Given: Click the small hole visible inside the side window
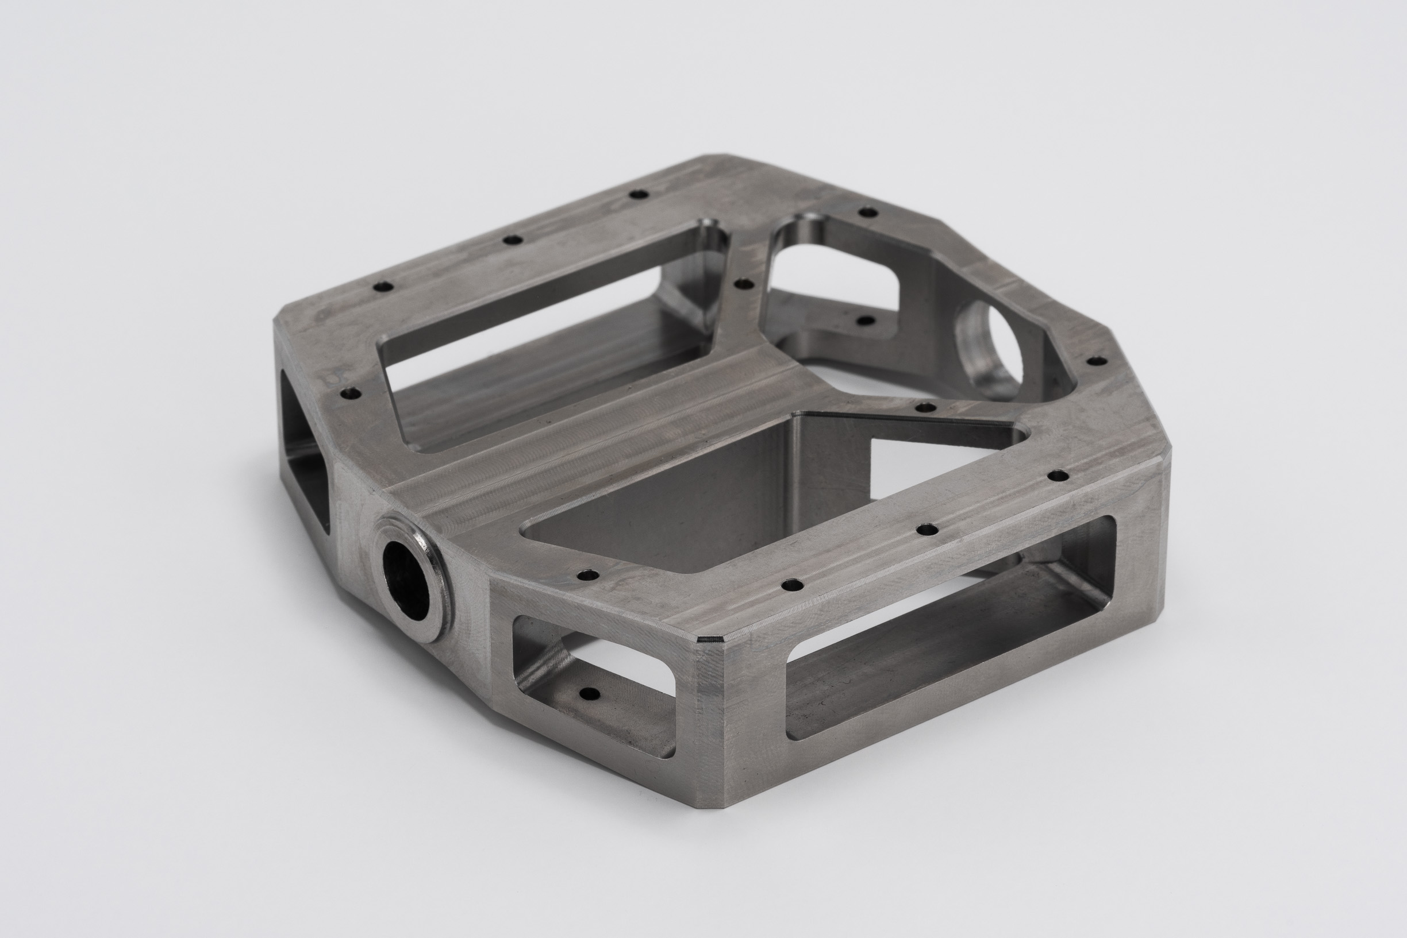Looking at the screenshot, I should pyautogui.click(x=590, y=694).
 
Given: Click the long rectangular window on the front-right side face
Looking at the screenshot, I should pyautogui.click(x=945, y=658).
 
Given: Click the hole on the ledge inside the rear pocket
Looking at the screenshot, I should pyautogui.click(x=866, y=321).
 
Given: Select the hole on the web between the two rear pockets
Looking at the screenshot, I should pyautogui.click(x=744, y=284).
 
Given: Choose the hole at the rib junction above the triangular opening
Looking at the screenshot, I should pyautogui.click(x=926, y=407).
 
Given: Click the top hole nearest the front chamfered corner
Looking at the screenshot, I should pyautogui.click(x=794, y=582).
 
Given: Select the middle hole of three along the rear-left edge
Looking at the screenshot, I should pyautogui.click(x=512, y=240).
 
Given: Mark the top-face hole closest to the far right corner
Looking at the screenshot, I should pyautogui.click(x=1058, y=476).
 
